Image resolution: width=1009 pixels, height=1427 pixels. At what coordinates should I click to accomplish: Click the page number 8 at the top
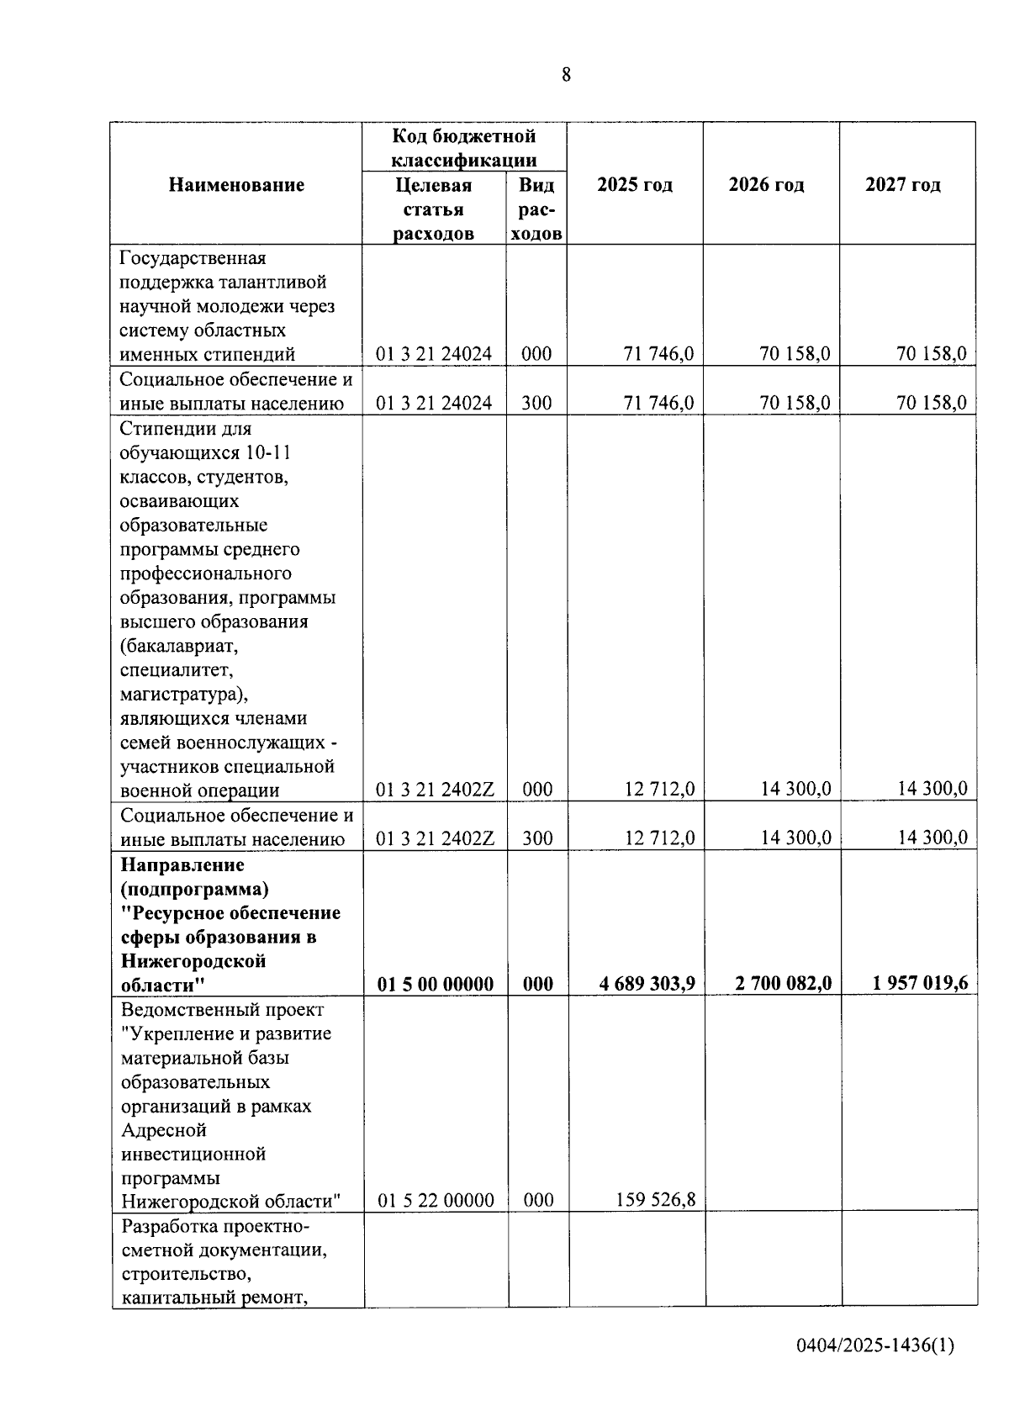tap(566, 75)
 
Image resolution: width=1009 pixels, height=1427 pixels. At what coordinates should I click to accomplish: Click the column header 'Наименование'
tap(236, 185)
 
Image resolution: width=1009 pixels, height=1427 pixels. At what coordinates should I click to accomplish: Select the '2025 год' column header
tap(635, 185)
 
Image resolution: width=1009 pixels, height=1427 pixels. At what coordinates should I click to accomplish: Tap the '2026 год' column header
tap(766, 185)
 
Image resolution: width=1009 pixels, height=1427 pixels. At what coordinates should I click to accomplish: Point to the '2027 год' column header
tap(903, 185)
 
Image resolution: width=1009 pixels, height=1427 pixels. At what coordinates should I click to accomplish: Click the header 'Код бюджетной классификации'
tap(464, 148)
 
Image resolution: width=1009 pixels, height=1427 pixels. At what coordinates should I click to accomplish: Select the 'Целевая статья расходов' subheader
tap(434, 209)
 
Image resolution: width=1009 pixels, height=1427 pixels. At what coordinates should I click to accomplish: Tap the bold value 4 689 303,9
tap(647, 983)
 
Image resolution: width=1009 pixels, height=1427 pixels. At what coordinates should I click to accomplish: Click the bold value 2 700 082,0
tap(783, 983)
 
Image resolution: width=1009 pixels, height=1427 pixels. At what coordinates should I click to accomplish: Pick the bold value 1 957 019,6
tap(920, 983)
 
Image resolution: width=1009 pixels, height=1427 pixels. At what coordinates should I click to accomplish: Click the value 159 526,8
tap(655, 1200)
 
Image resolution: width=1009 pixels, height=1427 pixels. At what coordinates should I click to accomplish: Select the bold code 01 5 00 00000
tap(436, 984)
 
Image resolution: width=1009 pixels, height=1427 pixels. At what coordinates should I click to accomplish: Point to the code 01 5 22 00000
tap(436, 1201)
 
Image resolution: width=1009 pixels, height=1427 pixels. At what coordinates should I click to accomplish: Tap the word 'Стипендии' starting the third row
tap(162, 429)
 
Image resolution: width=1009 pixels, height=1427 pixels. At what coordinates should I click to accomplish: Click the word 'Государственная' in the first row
tap(193, 258)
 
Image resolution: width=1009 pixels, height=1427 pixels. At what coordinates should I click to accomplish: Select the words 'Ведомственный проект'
tap(222, 1010)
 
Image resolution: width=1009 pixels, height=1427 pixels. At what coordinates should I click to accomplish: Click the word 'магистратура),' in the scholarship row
tap(184, 695)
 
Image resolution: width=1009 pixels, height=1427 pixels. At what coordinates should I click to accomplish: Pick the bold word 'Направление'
tap(182, 865)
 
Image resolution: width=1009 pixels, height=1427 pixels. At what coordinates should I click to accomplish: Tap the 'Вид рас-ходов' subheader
tap(536, 209)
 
